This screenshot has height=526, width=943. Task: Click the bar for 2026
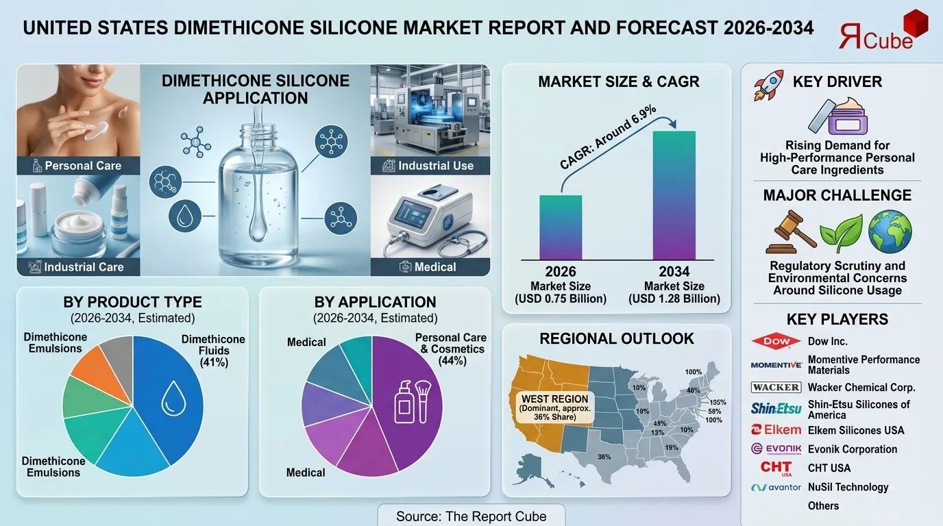pyautogui.click(x=561, y=227)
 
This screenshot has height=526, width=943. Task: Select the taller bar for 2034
pyautogui.click(x=674, y=195)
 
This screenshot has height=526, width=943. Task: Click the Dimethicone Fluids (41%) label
pyautogui.click(x=213, y=351)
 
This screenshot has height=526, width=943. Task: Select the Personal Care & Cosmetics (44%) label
pyautogui.click(x=450, y=349)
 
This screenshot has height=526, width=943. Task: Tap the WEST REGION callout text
pyautogui.click(x=555, y=408)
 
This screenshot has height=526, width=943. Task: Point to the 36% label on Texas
pyautogui.click(x=604, y=457)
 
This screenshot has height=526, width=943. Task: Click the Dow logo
pyautogui.click(x=775, y=341)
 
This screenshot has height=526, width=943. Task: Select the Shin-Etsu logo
pyautogui.click(x=776, y=409)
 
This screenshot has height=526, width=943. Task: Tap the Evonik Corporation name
pyautogui.click(x=852, y=449)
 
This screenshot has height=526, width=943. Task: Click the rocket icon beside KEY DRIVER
pyautogui.click(x=768, y=86)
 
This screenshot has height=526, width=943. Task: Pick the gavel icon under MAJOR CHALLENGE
pyautogui.click(x=789, y=232)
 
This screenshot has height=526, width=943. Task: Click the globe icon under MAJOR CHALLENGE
pyautogui.click(x=890, y=231)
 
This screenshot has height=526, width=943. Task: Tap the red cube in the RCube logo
pyautogui.click(x=915, y=22)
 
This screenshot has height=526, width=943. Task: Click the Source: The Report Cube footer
pyautogui.click(x=472, y=516)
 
